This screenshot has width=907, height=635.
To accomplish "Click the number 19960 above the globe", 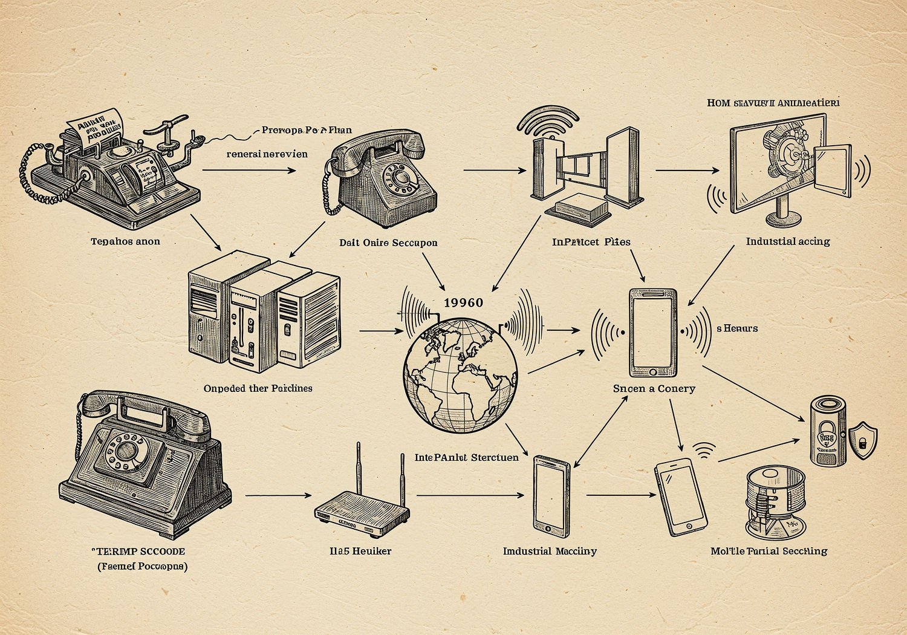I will coord(463,302).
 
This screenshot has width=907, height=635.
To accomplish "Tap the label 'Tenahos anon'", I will coord(125,241).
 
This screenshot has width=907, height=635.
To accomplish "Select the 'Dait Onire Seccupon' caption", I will coord(388,243).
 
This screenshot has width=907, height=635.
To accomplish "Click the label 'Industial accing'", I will coord(787,241).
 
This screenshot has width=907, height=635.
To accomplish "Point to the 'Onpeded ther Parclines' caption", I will coord(258,388).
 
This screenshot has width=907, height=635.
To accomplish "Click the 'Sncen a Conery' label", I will coord(654,388).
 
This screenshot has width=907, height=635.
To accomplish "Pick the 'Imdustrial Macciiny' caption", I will coord(550,551).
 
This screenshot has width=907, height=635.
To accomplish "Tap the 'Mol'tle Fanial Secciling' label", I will coord(769,551).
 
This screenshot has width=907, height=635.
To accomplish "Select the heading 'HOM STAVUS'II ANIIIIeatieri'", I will coord(773,103).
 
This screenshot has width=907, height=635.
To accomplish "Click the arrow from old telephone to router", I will coord(278,495).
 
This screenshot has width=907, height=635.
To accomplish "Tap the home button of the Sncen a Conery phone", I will coord(653,370).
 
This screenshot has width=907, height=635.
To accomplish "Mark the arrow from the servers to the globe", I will coord(381,331).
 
